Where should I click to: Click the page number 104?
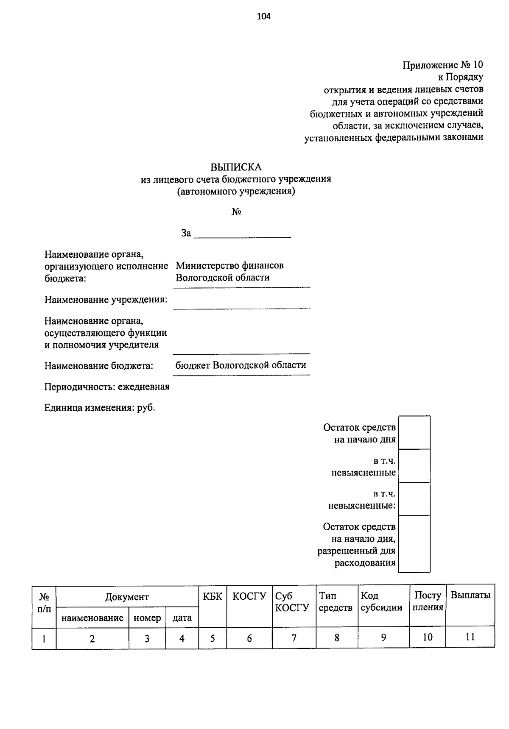pos(263,17)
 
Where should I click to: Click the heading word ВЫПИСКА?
pos(236,167)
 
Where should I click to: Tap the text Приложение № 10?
pos(442,65)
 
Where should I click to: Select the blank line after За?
pos(242,234)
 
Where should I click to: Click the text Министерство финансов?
pos(230,266)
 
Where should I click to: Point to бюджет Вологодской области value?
pos(241,365)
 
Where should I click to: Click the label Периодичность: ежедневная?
pos(107,387)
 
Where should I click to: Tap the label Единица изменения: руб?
pos(100,408)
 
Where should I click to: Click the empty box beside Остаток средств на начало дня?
pos(414,433)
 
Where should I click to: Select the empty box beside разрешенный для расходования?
pos(414,544)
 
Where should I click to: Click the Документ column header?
pos(127,597)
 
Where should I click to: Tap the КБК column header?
pos(213,596)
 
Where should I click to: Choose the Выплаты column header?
pos(470,595)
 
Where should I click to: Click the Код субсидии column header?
pos(381,602)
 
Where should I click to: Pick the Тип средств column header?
pos(336,602)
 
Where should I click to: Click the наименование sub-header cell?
pos(92,618)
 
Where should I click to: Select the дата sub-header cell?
pos(182,618)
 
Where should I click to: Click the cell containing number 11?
pos(470,637)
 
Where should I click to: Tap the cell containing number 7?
pos(294,637)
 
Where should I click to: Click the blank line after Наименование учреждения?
pos(241,303)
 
